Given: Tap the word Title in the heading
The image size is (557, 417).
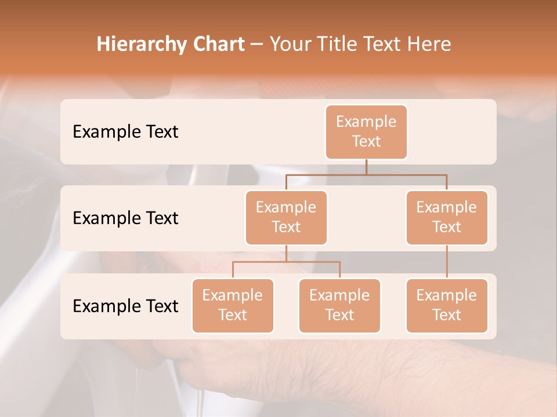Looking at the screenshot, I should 336,44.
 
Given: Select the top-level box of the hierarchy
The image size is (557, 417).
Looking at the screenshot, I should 366,131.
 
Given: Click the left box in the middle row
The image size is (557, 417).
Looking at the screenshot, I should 286,217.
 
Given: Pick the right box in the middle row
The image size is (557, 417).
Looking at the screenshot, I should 447,217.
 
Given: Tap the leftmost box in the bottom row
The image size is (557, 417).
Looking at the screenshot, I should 233,305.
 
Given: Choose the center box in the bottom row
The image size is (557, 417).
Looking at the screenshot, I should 339,305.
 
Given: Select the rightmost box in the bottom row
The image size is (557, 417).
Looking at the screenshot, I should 447,305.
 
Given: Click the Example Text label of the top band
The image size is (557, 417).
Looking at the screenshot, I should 125,132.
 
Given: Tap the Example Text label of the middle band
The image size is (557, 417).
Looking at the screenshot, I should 125,218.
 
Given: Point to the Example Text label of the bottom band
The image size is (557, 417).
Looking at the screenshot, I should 125,306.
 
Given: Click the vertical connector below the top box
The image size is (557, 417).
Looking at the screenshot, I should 366,167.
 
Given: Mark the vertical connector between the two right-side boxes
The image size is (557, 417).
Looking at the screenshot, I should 447,262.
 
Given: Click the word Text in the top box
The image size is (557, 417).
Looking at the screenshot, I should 366,141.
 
